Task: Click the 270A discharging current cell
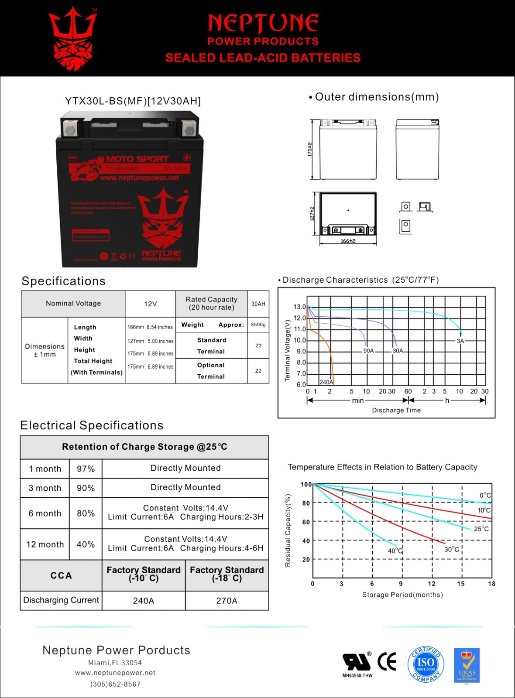(227, 601)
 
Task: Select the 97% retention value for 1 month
(86, 469)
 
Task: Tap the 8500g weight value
(258, 325)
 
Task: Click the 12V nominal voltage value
(150, 304)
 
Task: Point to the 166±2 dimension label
(348, 241)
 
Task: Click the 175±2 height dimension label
(310, 149)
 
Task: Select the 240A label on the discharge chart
(326, 382)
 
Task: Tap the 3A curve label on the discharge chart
(460, 341)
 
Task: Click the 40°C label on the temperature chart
(395, 551)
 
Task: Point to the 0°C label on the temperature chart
(485, 495)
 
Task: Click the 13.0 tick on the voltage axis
(299, 307)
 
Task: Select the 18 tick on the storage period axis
(491, 584)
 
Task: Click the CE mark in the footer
(387, 662)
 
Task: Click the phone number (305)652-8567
(116, 684)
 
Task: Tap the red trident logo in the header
(73, 38)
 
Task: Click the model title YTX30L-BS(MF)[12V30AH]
(133, 101)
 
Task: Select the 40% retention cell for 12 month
(86, 544)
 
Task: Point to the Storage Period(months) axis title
(402, 595)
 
